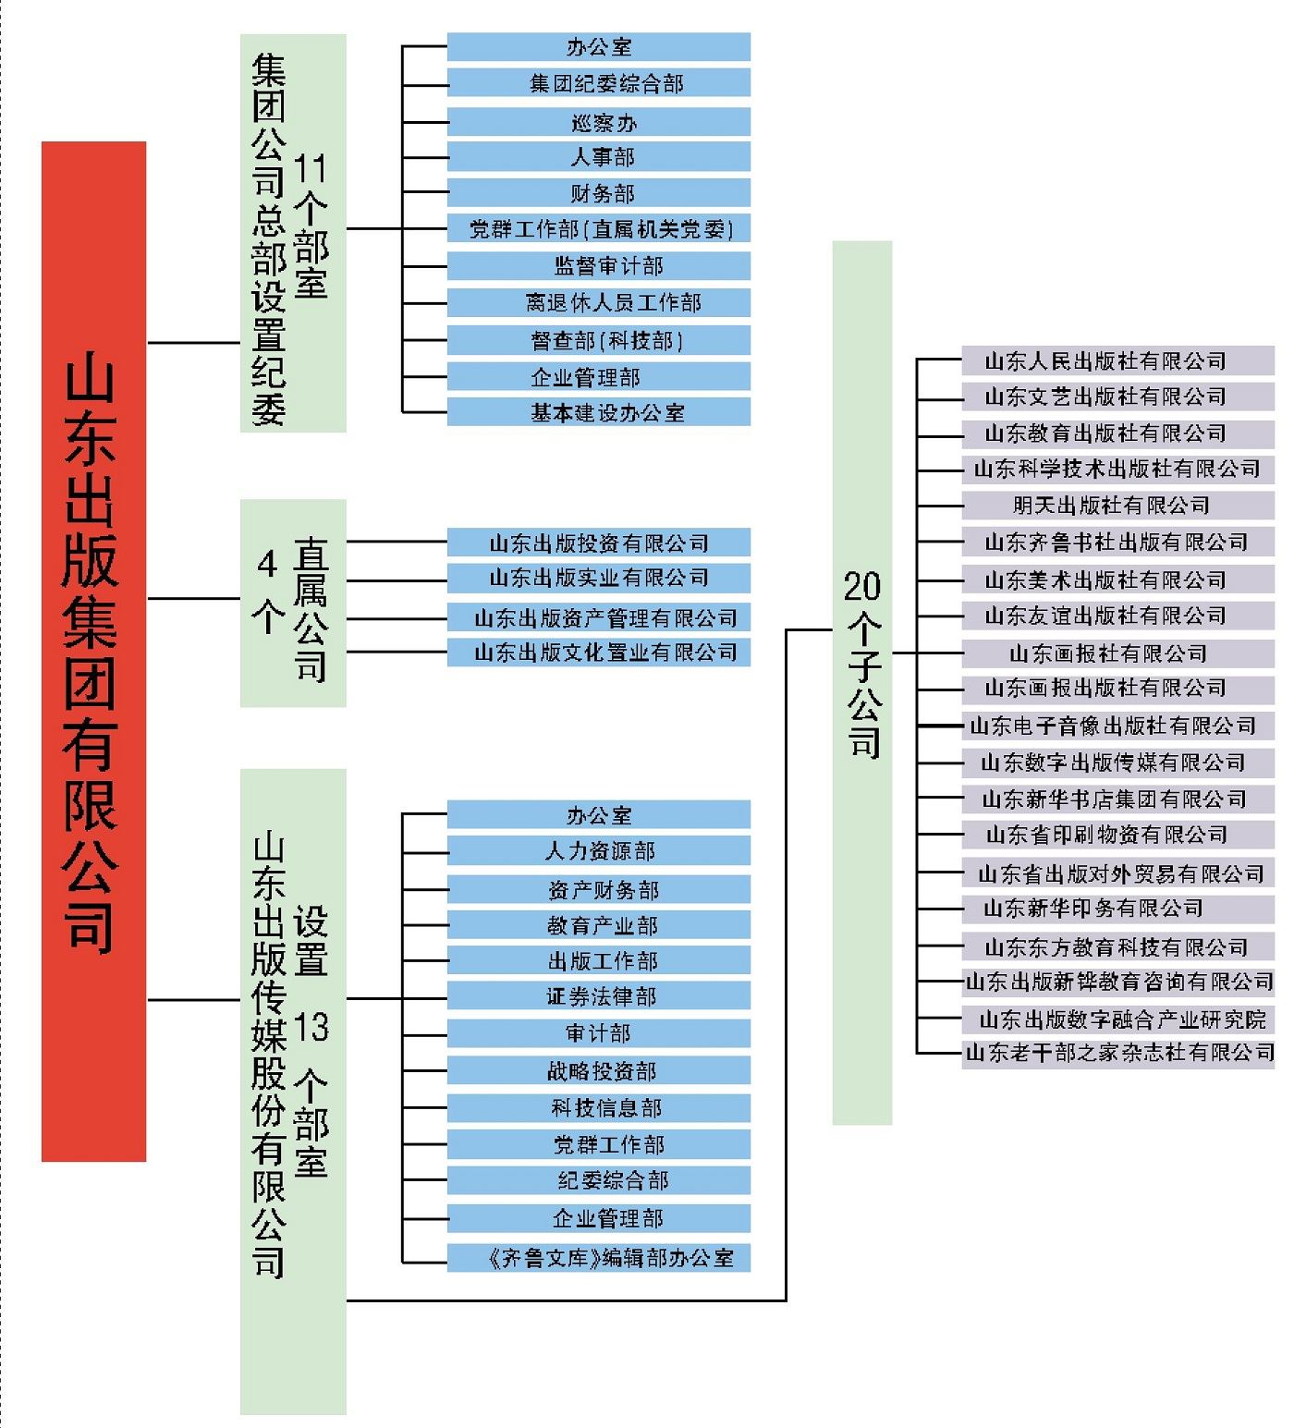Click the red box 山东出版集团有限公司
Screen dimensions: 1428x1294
tap(93, 651)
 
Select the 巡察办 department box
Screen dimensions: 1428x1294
tap(599, 122)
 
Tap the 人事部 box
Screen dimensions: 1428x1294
tap(599, 157)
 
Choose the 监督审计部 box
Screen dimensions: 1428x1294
tap(599, 266)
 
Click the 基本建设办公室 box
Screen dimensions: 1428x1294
tap(599, 412)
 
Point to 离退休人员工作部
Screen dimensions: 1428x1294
tap(599, 302)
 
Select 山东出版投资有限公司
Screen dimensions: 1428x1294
tap(599, 543)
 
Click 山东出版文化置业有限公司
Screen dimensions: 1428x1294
tap(599, 653)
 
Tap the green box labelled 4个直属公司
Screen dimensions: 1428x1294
tap(293, 603)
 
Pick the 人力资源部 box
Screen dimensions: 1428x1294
tap(599, 851)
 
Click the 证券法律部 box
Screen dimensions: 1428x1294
tap(599, 996)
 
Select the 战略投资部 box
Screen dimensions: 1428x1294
tap(599, 1071)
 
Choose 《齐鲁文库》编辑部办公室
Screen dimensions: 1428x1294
tap(599, 1258)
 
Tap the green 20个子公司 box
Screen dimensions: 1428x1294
tap(861, 682)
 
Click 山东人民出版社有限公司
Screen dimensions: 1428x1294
tap(1117, 360)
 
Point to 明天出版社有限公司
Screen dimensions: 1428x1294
tap(1117, 506)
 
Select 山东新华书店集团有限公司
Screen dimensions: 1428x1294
tap(1117, 799)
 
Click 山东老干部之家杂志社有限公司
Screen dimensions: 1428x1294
tap(1117, 1053)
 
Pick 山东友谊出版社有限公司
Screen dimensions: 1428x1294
tap(1117, 616)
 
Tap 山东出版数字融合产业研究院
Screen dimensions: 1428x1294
tap(1117, 1019)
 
